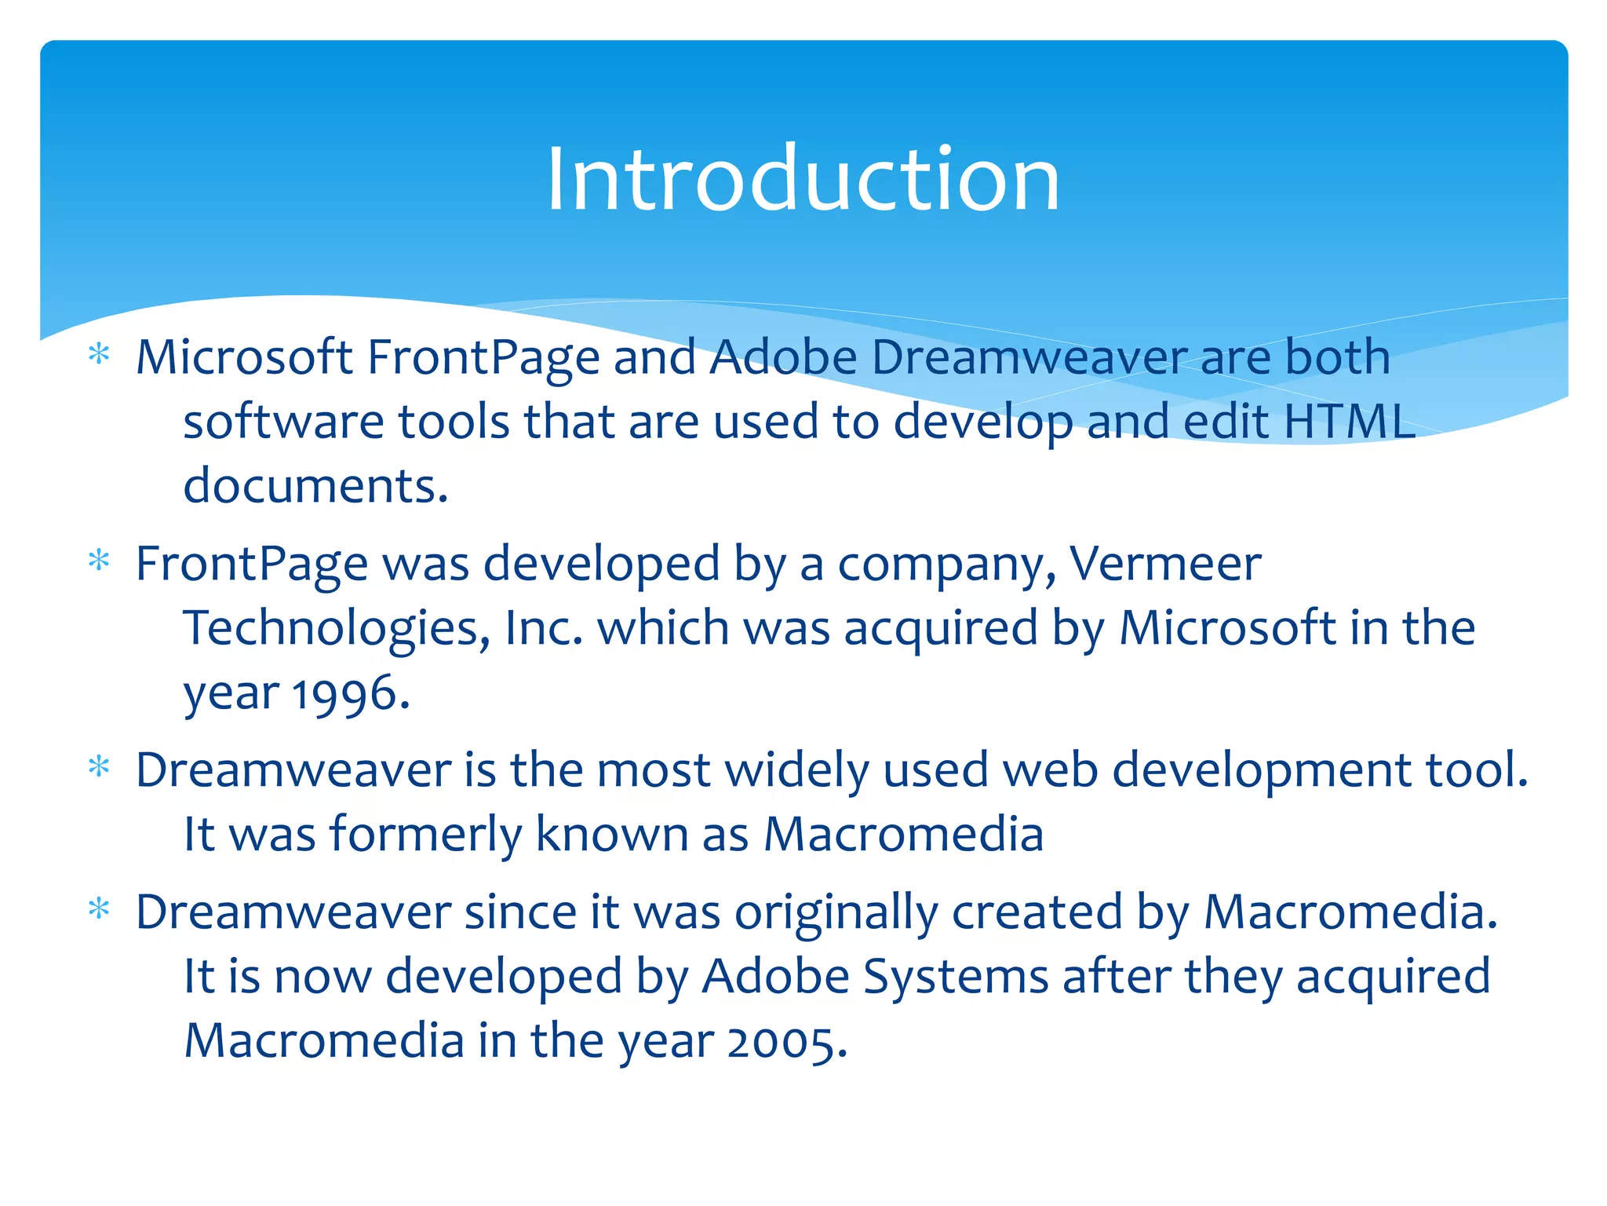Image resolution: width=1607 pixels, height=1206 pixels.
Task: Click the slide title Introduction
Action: click(803, 180)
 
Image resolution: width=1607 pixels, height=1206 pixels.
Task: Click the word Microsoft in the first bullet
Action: click(244, 357)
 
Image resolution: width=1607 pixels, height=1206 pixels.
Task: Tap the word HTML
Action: click(1348, 422)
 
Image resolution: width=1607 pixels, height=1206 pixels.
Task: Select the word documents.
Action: click(315, 486)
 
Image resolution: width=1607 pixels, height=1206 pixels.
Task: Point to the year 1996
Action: click(351, 694)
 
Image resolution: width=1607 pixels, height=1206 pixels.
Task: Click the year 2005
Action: click(787, 1042)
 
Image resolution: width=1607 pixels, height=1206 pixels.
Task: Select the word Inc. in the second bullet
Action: click(544, 628)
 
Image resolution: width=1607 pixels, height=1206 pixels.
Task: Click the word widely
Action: click(796, 769)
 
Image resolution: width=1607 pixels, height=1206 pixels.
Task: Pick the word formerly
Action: click(425, 834)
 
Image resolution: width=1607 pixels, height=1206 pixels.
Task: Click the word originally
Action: click(836, 912)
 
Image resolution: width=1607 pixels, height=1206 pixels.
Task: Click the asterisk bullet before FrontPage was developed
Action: click(99, 561)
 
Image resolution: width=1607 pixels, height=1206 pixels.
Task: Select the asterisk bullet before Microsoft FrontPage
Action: click(99, 355)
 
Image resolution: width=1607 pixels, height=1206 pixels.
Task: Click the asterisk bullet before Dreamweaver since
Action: click(99, 910)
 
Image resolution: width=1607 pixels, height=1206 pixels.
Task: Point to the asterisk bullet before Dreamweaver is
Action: click(99, 766)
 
